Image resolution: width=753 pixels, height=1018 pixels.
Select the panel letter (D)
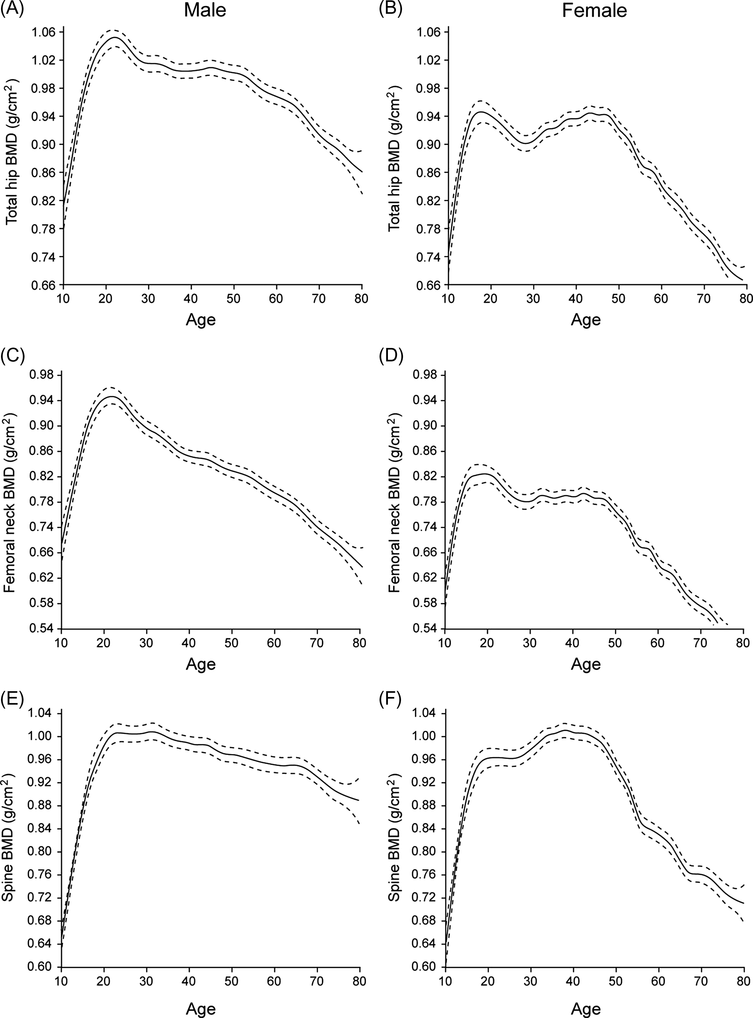(x=391, y=355)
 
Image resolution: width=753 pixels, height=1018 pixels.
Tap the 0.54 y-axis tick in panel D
(x=426, y=629)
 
